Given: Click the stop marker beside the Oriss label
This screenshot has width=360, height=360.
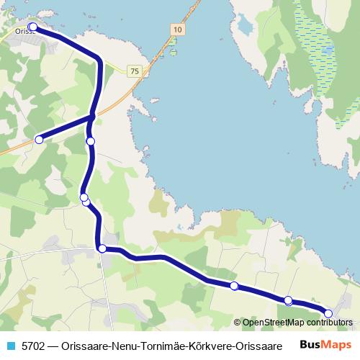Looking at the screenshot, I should pyautogui.click(x=32, y=27).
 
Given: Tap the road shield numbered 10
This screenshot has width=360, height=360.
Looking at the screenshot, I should pyautogui.click(x=178, y=28).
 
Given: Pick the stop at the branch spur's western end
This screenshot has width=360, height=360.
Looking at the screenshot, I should pyautogui.click(x=40, y=139).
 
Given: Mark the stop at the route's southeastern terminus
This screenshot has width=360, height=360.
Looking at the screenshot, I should pyautogui.click(x=328, y=313).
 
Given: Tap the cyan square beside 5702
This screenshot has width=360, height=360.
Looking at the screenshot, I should pyautogui.click(x=11, y=346).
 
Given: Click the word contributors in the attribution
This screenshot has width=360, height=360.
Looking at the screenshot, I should pyautogui.click(x=327, y=323).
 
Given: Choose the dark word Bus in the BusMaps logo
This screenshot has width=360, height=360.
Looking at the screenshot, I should pyautogui.click(x=312, y=345).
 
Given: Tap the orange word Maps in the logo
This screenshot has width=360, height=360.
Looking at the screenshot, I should pyautogui.click(x=338, y=345).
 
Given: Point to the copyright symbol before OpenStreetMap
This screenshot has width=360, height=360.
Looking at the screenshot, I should pyautogui.click(x=237, y=323).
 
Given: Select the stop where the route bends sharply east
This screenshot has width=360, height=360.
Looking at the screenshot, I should pyautogui.click(x=102, y=248).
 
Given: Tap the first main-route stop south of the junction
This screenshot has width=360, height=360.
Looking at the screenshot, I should pyautogui.click(x=91, y=142).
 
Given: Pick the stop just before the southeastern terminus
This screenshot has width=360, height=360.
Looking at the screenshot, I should pyautogui.click(x=288, y=300).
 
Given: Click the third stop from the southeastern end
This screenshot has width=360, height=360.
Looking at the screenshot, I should pyautogui.click(x=234, y=286).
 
